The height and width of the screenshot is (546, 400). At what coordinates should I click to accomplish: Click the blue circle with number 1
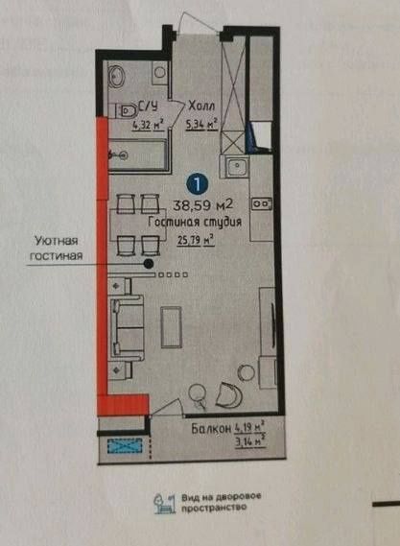click(196, 180)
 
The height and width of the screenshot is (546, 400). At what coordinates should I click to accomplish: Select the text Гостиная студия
click(194, 222)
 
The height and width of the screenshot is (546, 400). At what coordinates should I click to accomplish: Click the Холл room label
click(201, 107)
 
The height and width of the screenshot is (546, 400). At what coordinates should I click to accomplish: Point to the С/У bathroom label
click(148, 107)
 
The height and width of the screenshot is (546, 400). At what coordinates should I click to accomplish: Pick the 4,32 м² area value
click(147, 123)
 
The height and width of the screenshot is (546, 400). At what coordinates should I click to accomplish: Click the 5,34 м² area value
click(202, 123)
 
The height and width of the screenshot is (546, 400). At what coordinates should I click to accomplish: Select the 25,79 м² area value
click(193, 240)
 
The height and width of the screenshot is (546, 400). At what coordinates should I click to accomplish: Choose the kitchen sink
click(236, 169)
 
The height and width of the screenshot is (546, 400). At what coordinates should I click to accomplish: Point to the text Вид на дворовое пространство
click(219, 502)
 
